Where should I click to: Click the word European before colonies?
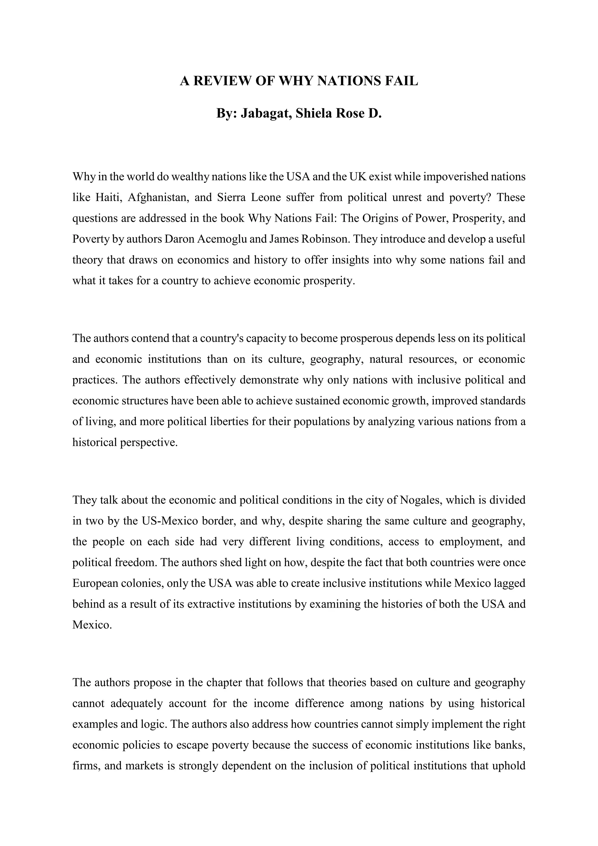click(95, 583)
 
